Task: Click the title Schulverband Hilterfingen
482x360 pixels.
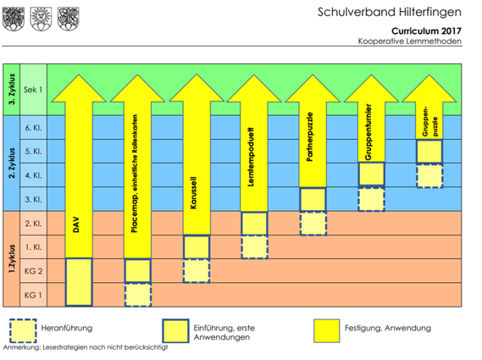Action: [390, 13]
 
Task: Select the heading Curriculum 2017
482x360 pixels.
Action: [426, 31]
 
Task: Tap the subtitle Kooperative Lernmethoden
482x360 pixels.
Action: [410, 42]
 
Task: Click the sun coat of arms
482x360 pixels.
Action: [41, 19]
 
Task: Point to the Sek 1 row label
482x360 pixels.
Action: [33, 90]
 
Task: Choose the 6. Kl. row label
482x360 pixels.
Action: [33, 128]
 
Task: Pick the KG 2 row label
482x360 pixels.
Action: [33, 271]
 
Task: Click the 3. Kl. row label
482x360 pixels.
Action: [33, 199]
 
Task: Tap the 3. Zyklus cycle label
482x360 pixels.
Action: [12, 89]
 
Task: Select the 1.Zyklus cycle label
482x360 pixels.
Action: [12, 258]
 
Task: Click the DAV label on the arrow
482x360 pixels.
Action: [76, 224]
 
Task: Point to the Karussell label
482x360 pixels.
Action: [193, 193]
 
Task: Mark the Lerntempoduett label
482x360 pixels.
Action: [251, 157]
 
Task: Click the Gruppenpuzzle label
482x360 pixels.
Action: [429, 121]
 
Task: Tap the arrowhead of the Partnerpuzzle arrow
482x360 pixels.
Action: [313, 89]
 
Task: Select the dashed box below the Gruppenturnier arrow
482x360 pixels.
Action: [371, 199]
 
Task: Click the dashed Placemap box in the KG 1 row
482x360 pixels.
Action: [138, 295]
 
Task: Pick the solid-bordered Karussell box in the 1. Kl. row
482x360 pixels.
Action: [197, 247]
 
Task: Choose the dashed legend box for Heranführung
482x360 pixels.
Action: [23, 331]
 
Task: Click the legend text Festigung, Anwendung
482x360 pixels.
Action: [388, 328]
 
